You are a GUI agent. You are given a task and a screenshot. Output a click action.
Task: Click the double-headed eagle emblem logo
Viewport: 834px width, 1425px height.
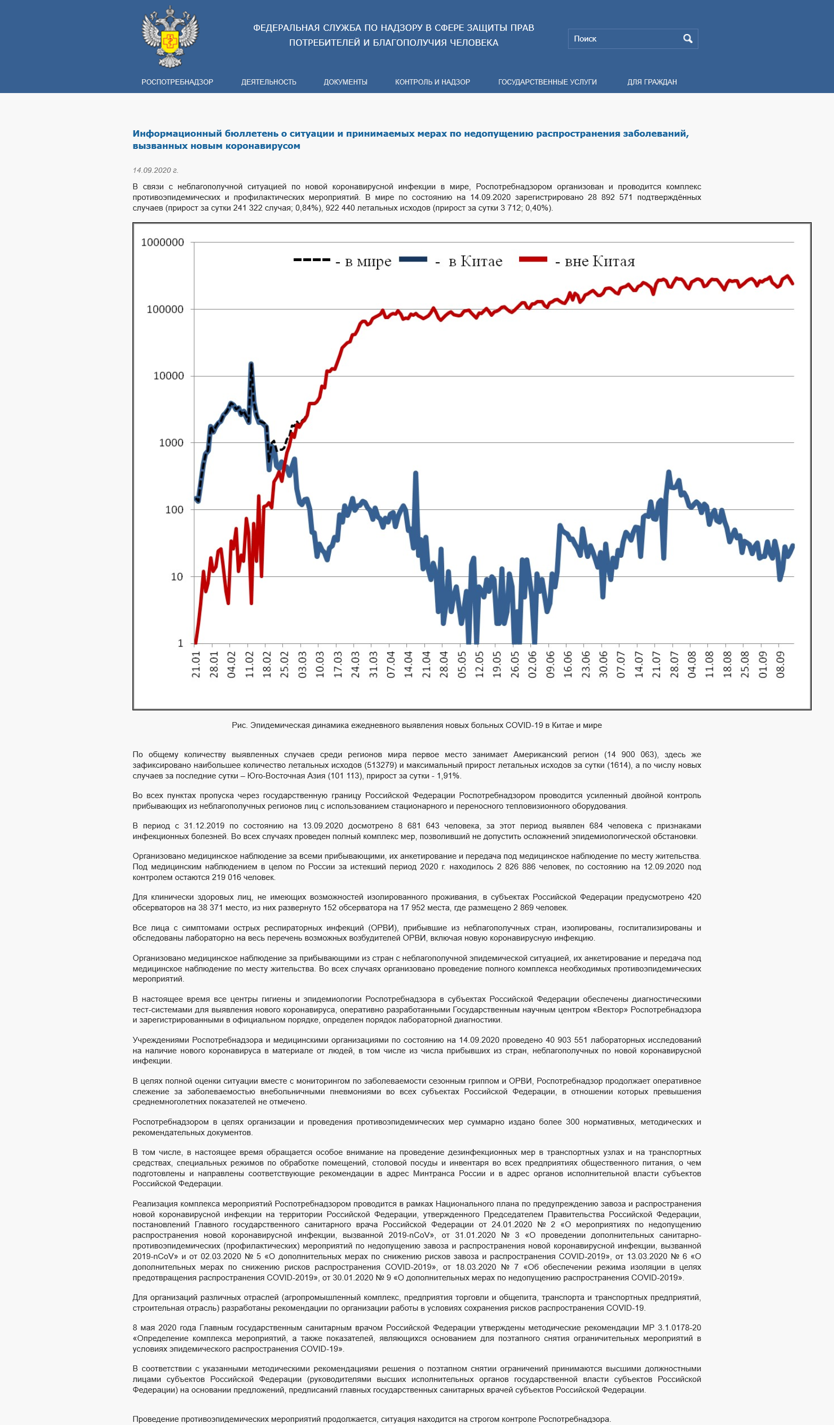[x=170, y=37]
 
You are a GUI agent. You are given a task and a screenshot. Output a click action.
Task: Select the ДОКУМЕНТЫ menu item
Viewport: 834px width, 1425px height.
[x=345, y=82]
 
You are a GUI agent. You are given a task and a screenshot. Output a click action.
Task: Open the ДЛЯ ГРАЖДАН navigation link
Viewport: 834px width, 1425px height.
[x=652, y=82]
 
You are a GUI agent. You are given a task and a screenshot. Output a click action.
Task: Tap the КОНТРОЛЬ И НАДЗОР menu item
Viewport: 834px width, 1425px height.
[x=432, y=82]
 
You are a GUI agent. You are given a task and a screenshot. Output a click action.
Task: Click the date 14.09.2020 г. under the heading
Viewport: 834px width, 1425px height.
[x=155, y=170]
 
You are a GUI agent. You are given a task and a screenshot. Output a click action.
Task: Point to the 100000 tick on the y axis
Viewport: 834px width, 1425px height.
[x=165, y=309]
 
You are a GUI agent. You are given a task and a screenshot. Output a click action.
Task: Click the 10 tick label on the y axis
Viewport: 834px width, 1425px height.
[x=177, y=577]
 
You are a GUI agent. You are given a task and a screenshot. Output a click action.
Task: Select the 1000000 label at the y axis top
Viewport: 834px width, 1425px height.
[x=162, y=242]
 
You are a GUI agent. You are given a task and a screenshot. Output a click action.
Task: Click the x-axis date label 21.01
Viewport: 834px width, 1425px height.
[x=196, y=665]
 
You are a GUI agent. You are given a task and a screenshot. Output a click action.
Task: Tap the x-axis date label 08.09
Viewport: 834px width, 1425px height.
[x=780, y=665]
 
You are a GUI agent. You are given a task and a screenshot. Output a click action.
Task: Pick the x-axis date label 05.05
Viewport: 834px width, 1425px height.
[x=462, y=665]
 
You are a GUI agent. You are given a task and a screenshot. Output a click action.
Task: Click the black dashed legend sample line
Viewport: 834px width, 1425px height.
[x=312, y=259]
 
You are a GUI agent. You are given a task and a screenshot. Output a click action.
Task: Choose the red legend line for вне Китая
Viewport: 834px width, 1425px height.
[x=533, y=259]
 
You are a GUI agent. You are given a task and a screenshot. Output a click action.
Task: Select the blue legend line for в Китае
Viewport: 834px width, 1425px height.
[x=413, y=259]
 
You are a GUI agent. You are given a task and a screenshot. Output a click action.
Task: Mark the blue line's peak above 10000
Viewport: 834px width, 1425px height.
[x=251, y=364]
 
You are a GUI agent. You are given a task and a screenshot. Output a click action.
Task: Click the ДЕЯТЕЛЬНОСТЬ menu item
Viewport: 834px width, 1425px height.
[x=269, y=82]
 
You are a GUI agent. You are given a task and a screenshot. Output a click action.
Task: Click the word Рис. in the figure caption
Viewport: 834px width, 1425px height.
[x=240, y=725]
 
